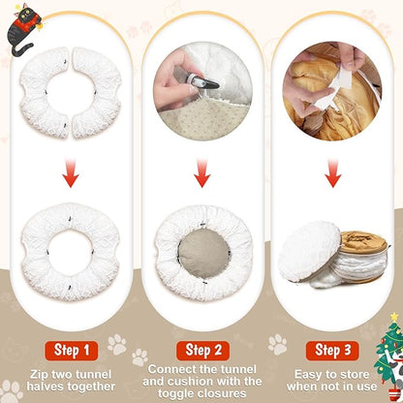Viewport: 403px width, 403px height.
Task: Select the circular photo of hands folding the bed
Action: [332, 77]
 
